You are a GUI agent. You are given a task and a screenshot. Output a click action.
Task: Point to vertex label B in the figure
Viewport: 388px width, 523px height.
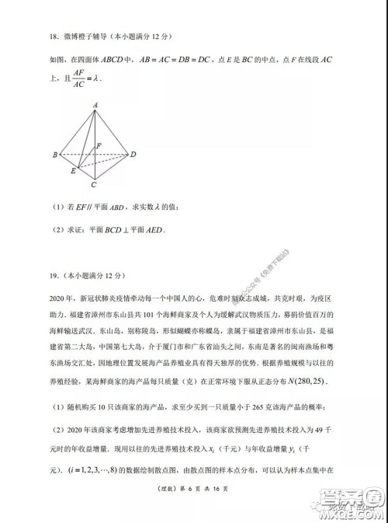click(54, 155)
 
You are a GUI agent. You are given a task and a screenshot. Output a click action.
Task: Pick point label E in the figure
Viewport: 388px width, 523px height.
click(73, 170)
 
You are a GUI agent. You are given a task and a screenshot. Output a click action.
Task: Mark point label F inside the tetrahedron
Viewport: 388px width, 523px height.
click(97, 145)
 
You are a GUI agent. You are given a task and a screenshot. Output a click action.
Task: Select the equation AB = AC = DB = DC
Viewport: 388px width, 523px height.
click(185, 57)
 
